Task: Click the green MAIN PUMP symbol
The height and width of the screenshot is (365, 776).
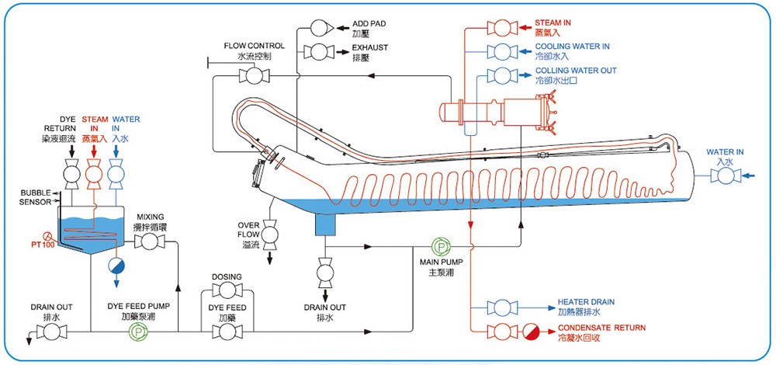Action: (440, 248)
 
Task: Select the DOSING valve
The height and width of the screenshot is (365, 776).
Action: (227, 290)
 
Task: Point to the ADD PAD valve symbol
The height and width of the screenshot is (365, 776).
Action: (320, 30)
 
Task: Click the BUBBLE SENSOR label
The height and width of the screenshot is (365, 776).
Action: (36, 196)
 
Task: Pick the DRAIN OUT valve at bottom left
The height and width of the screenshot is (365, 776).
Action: (51, 332)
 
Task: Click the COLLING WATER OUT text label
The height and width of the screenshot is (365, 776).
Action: (576, 71)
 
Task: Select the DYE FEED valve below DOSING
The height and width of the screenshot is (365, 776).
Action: (227, 332)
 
